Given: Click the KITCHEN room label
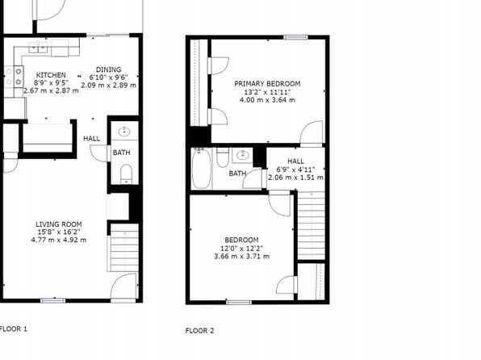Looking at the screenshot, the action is coord(51,75).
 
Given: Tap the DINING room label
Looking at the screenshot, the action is coord(109,69).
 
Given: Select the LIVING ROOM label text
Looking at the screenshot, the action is coord(59,224).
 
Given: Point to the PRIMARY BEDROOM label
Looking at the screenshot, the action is coord(267,84).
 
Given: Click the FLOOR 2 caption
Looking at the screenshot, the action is coord(199,330).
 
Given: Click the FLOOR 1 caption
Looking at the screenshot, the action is coord(14,329).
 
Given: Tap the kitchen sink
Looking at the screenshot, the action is coord(39,48).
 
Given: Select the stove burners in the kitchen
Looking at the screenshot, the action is coord(14,77).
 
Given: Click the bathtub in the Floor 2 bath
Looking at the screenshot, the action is coord(201,169).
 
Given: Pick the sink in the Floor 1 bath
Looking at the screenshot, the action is coord(124,132).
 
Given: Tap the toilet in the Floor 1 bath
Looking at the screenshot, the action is coord(126,174).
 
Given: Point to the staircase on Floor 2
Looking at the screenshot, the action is coord(312,225).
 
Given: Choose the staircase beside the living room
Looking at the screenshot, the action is coord(124,247).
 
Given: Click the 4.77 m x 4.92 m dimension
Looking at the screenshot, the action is coord(59,240).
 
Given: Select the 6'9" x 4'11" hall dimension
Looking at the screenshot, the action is coord(295,170).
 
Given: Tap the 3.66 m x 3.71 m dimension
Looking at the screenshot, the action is coord(242,256).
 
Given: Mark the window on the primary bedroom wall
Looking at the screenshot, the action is coord(295,37).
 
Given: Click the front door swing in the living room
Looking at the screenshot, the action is coord(123,286).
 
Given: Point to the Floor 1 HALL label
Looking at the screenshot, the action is coord(91,139).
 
